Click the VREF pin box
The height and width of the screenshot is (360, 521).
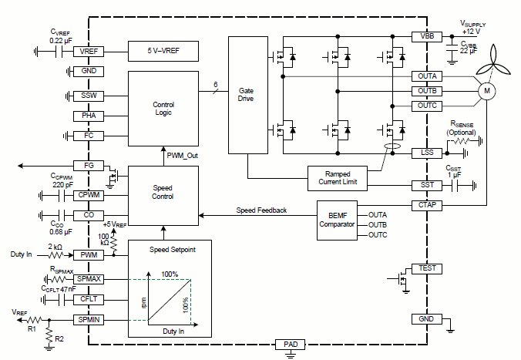(x=89, y=52)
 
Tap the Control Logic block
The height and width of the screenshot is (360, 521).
(x=163, y=107)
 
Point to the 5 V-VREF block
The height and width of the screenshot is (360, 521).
(x=163, y=52)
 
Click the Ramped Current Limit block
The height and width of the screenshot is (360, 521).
(x=338, y=179)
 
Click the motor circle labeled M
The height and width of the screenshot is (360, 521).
(x=486, y=91)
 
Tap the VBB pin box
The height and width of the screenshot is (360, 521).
(x=427, y=36)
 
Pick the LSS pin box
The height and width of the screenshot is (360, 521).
(x=427, y=153)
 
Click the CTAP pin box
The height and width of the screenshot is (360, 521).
(x=427, y=205)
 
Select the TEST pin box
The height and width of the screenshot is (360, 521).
(x=427, y=268)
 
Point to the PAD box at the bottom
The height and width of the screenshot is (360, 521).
(x=291, y=344)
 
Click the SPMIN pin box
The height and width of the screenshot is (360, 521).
(x=89, y=319)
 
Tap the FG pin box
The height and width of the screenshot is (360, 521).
(x=89, y=166)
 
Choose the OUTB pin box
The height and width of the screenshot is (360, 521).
(x=427, y=91)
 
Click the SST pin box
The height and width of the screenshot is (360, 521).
(x=427, y=186)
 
